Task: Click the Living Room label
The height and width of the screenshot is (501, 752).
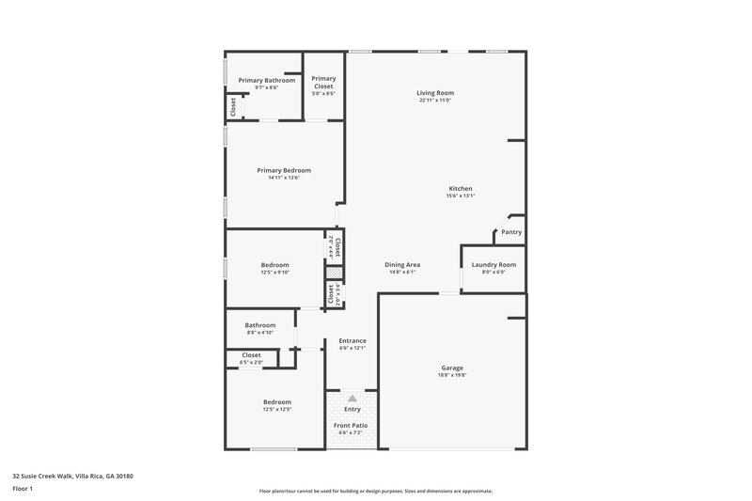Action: tap(436, 93)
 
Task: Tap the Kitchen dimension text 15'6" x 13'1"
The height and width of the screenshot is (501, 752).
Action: tap(460, 196)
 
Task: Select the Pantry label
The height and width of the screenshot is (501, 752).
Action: tap(511, 232)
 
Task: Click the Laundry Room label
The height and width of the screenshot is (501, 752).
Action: tap(493, 265)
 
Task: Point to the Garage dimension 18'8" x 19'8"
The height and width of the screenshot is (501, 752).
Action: tap(452, 374)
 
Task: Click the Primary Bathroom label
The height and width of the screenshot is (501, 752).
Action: tap(260, 81)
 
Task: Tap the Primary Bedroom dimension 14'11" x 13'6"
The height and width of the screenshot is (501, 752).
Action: tap(284, 178)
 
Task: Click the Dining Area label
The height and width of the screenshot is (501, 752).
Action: tap(402, 265)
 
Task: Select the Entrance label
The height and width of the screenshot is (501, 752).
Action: tap(352, 340)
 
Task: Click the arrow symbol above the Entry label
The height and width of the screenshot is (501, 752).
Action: tap(352, 399)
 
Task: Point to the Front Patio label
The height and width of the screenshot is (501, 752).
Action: tap(352, 426)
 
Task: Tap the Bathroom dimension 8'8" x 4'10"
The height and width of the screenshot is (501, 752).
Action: tap(259, 333)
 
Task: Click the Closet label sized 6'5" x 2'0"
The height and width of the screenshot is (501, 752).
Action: tap(251, 355)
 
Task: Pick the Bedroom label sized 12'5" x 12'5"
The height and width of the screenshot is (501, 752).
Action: tap(276, 402)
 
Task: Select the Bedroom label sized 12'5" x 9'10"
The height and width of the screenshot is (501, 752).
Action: tap(274, 265)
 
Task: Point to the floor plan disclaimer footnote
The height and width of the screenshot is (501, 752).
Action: tap(376, 491)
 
